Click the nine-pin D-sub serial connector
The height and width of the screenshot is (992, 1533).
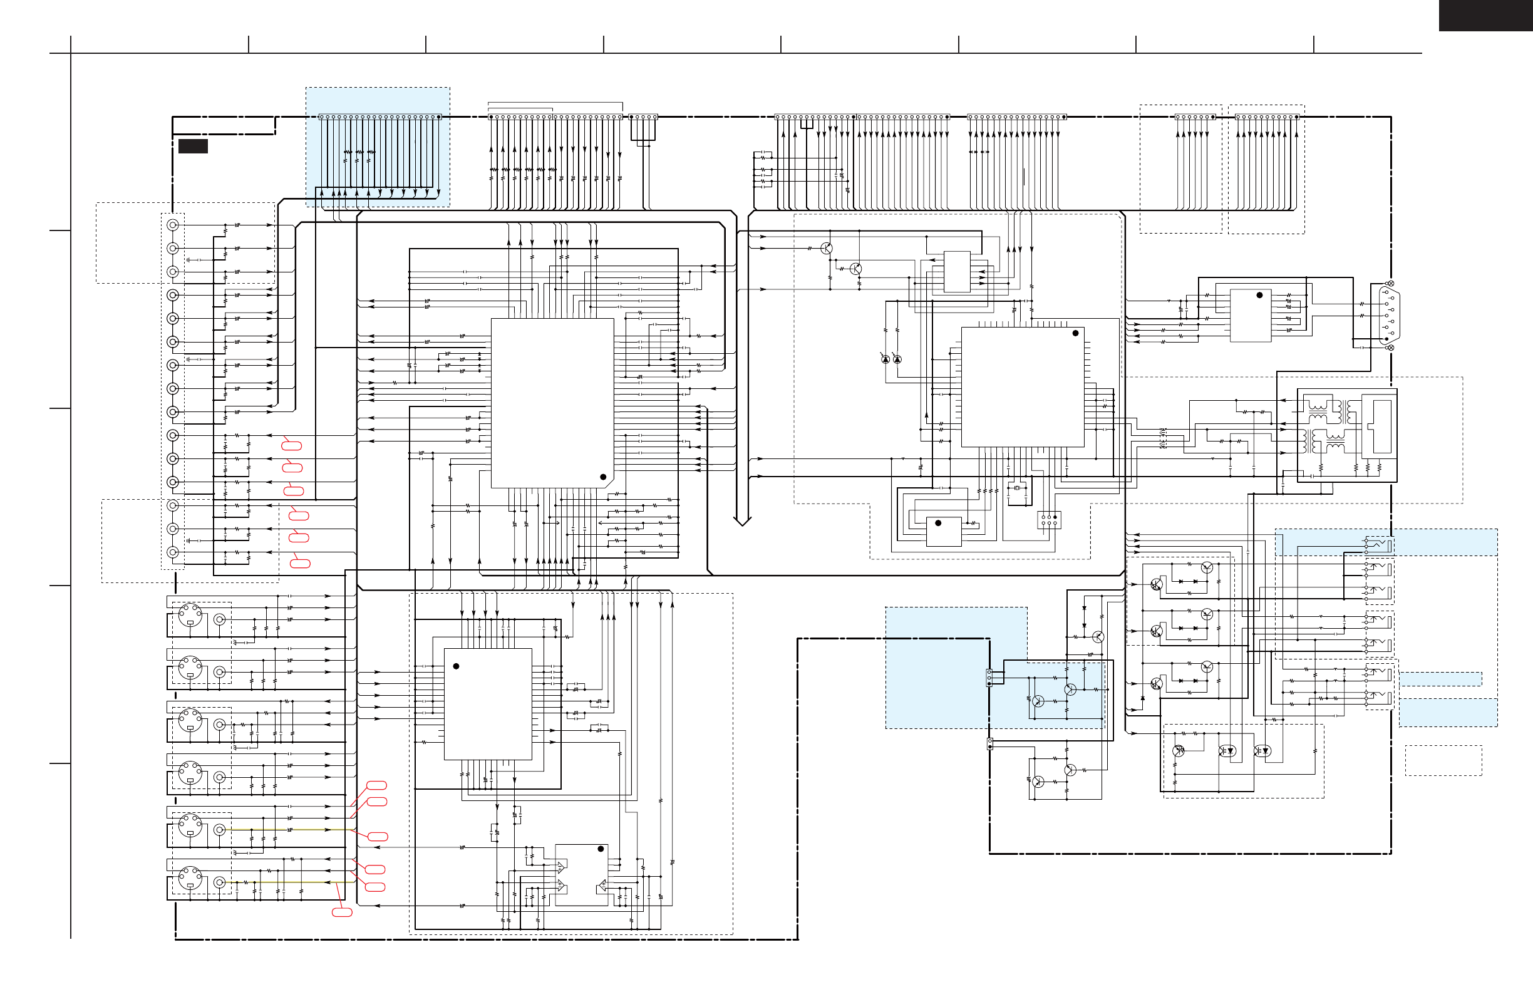1389,316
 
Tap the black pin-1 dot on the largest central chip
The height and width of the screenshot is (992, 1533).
603,477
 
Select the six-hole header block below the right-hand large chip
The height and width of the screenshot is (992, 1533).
1049,520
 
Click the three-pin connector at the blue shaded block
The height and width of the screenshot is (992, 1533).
989,678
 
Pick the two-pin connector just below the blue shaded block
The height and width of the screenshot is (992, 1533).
990,744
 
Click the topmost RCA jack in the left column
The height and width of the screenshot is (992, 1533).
173,225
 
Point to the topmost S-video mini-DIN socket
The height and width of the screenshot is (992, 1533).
190,616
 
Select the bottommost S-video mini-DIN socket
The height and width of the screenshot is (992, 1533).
190,879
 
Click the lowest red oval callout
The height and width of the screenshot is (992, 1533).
342,912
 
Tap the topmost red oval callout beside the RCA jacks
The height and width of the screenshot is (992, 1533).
292,445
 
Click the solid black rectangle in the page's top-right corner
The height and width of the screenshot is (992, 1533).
1485,15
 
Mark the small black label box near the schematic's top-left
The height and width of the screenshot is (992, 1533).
193,146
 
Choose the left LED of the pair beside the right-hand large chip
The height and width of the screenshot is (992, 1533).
885,359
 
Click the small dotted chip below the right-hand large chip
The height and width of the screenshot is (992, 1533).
944,532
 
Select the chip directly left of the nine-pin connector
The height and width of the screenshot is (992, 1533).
1250,315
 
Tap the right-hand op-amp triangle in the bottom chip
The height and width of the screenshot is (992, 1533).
602,886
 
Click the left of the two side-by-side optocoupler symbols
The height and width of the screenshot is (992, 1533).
1227,751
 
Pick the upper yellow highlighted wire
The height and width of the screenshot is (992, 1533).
290,830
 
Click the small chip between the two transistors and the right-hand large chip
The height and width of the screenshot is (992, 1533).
956,271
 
